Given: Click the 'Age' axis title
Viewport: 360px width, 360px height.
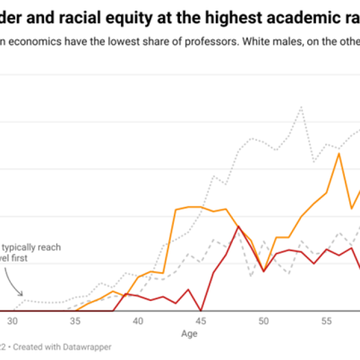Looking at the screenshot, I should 189,334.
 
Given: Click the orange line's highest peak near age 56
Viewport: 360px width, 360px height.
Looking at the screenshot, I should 339,152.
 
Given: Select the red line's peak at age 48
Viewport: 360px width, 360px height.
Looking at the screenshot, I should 238,226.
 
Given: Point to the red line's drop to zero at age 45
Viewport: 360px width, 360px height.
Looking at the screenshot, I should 201,310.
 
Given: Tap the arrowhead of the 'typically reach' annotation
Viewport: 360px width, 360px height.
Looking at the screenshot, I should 21,294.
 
